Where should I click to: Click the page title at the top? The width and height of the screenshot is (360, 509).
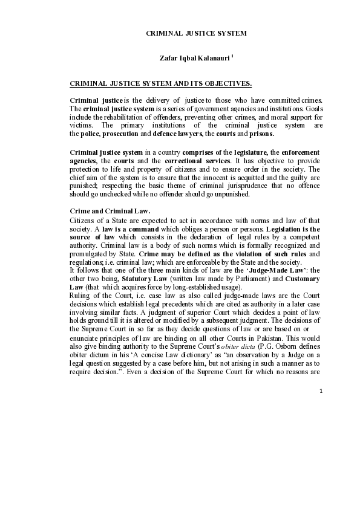click(197, 33)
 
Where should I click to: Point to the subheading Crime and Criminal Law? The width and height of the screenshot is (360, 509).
click(110, 211)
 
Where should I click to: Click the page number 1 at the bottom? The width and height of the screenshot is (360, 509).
click(321, 391)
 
